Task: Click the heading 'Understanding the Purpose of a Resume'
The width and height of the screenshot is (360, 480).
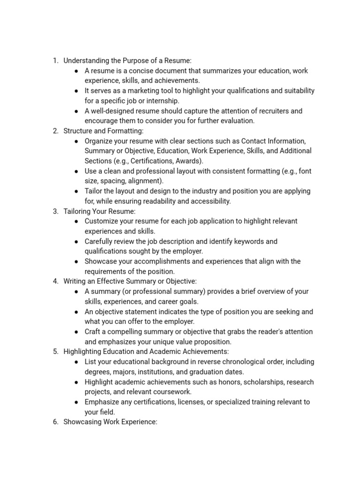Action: click(127, 60)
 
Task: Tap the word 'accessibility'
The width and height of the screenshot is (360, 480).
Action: click(209, 201)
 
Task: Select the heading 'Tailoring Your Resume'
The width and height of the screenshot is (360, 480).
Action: click(99, 211)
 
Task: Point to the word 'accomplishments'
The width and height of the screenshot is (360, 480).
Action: click(157, 261)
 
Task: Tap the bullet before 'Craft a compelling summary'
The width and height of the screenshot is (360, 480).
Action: click(76, 332)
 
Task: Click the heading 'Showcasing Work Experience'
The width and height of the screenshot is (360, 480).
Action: click(110, 422)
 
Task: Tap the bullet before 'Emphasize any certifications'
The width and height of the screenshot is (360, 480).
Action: click(76, 402)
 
